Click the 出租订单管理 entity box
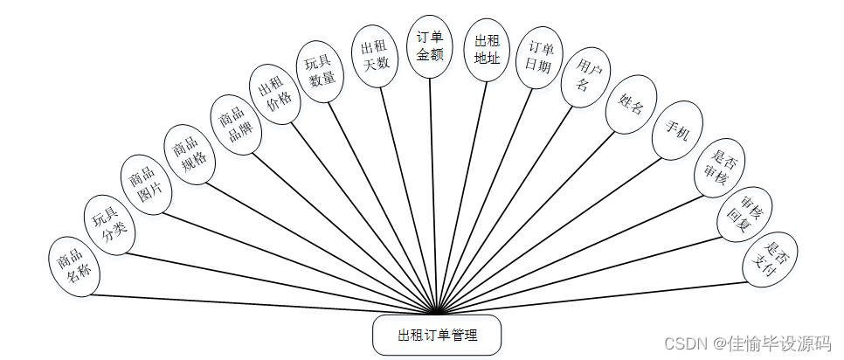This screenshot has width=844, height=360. tap(437, 336)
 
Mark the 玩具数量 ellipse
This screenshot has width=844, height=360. tap(321, 71)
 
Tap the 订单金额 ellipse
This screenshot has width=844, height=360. tap(430, 46)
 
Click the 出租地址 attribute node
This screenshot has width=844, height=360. tap(486, 49)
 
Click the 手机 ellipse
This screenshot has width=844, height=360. tap(677, 131)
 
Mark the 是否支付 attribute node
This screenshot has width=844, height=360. tap(770, 259)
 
